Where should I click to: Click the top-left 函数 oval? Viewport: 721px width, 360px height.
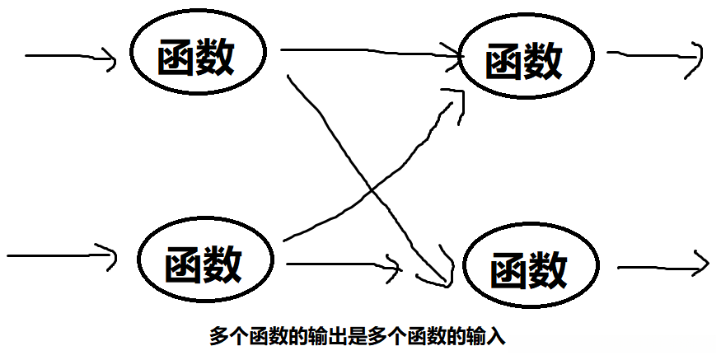click(x=197, y=57)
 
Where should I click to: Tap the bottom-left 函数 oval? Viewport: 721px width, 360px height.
click(x=204, y=263)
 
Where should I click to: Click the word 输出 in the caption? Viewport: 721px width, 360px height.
click(x=329, y=337)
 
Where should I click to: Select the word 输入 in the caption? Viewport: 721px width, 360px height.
click(x=489, y=337)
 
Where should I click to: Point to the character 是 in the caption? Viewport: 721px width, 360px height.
click(x=359, y=337)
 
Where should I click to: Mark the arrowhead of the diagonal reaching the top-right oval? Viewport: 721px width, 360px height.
click(x=457, y=93)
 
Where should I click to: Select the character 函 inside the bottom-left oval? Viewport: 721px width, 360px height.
click(x=183, y=264)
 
